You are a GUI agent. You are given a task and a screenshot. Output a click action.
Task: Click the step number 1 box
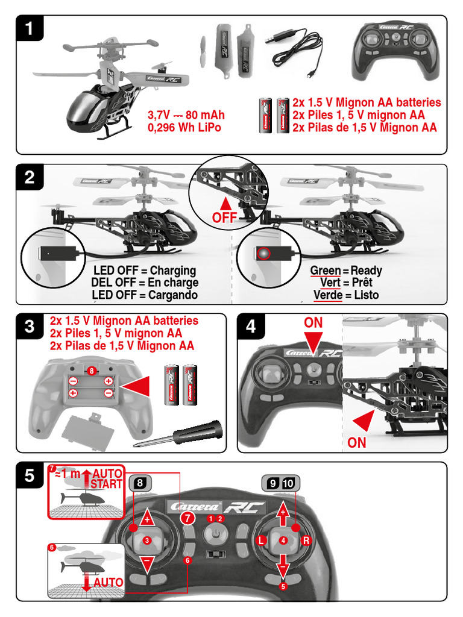[30, 29]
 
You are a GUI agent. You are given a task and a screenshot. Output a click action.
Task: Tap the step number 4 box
[251, 327]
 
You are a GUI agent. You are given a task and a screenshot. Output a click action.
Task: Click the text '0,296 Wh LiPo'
[184, 128]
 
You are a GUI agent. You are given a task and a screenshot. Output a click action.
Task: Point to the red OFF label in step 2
[224, 217]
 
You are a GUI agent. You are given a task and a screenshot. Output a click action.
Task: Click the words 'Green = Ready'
[345, 271]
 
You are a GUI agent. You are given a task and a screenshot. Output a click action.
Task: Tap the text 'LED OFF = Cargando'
[144, 295]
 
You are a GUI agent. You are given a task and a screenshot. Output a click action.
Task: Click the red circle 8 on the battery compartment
[91, 370]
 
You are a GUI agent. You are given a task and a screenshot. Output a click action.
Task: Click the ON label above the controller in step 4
[313, 323]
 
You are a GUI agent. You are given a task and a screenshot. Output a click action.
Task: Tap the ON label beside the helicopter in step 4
[357, 443]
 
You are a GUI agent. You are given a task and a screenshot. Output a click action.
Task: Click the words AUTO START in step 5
[107, 478]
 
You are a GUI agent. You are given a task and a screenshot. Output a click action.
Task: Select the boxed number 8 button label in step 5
[139, 482]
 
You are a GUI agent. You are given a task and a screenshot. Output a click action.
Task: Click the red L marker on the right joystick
[261, 540]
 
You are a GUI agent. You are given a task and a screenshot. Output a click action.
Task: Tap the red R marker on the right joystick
[306, 540]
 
